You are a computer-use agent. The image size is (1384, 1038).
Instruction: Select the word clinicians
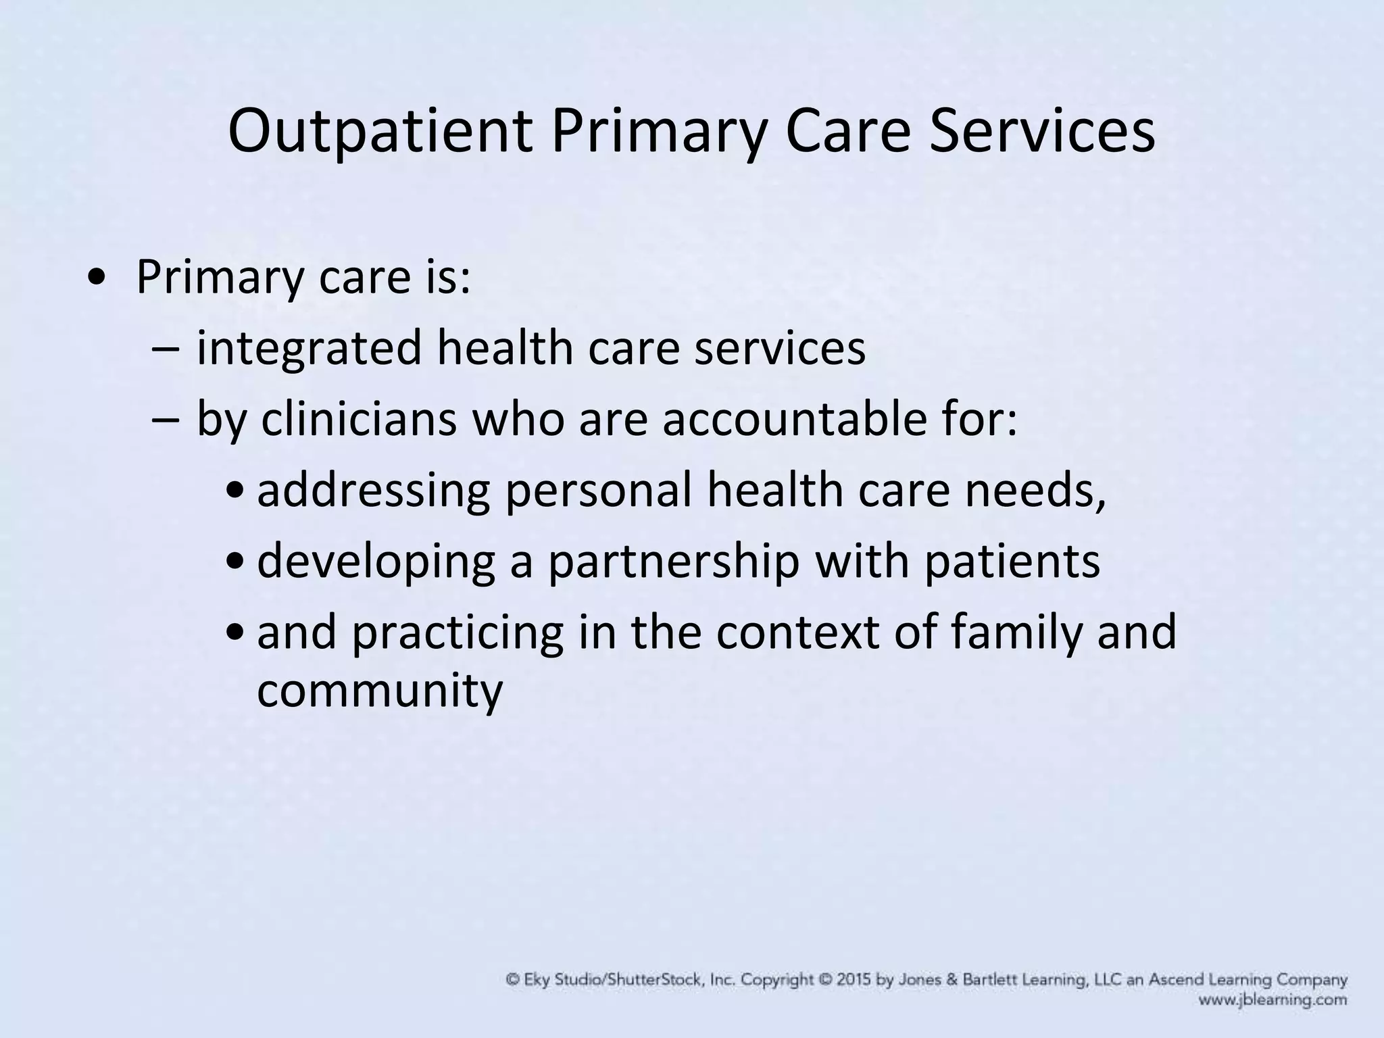pos(358,419)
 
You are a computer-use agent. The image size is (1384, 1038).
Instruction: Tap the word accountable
pos(797,419)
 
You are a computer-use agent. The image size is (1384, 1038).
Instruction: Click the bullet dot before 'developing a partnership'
pos(234,562)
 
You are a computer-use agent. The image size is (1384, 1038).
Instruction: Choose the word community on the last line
pos(380,691)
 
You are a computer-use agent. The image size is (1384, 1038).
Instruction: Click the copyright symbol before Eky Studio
pos(514,979)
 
